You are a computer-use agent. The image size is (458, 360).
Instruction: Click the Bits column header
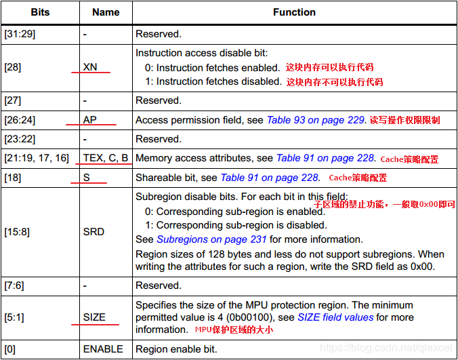(x=39, y=12)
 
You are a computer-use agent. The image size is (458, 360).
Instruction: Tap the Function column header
(x=294, y=12)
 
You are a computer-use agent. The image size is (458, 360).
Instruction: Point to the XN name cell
(x=91, y=68)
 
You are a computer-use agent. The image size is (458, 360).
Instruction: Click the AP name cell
(x=90, y=120)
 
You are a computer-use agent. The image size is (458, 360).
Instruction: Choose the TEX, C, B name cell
(x=106, y=158)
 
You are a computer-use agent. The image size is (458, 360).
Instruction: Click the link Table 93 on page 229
(x=316, y=120)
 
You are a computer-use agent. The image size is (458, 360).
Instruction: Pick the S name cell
(x=86, y=178)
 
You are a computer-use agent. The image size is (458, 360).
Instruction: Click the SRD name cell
(x=93, y=232)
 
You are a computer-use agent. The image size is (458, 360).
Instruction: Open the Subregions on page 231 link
(x=211, y=239)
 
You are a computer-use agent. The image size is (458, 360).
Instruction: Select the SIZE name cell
(x=95, y=317)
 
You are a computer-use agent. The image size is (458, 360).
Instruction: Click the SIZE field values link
(x=335, y=317)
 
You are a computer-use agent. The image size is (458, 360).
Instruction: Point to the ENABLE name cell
(x=103, y=349)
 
